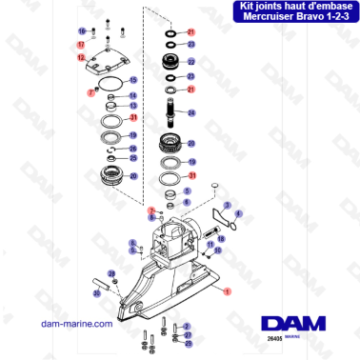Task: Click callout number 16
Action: pos(81,32)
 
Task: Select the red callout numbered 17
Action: pos(81,45)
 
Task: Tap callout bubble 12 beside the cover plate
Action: pos(81,58)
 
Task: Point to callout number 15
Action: pos(133,80)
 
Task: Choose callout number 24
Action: pos(191,112)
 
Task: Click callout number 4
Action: pos(239,214)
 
